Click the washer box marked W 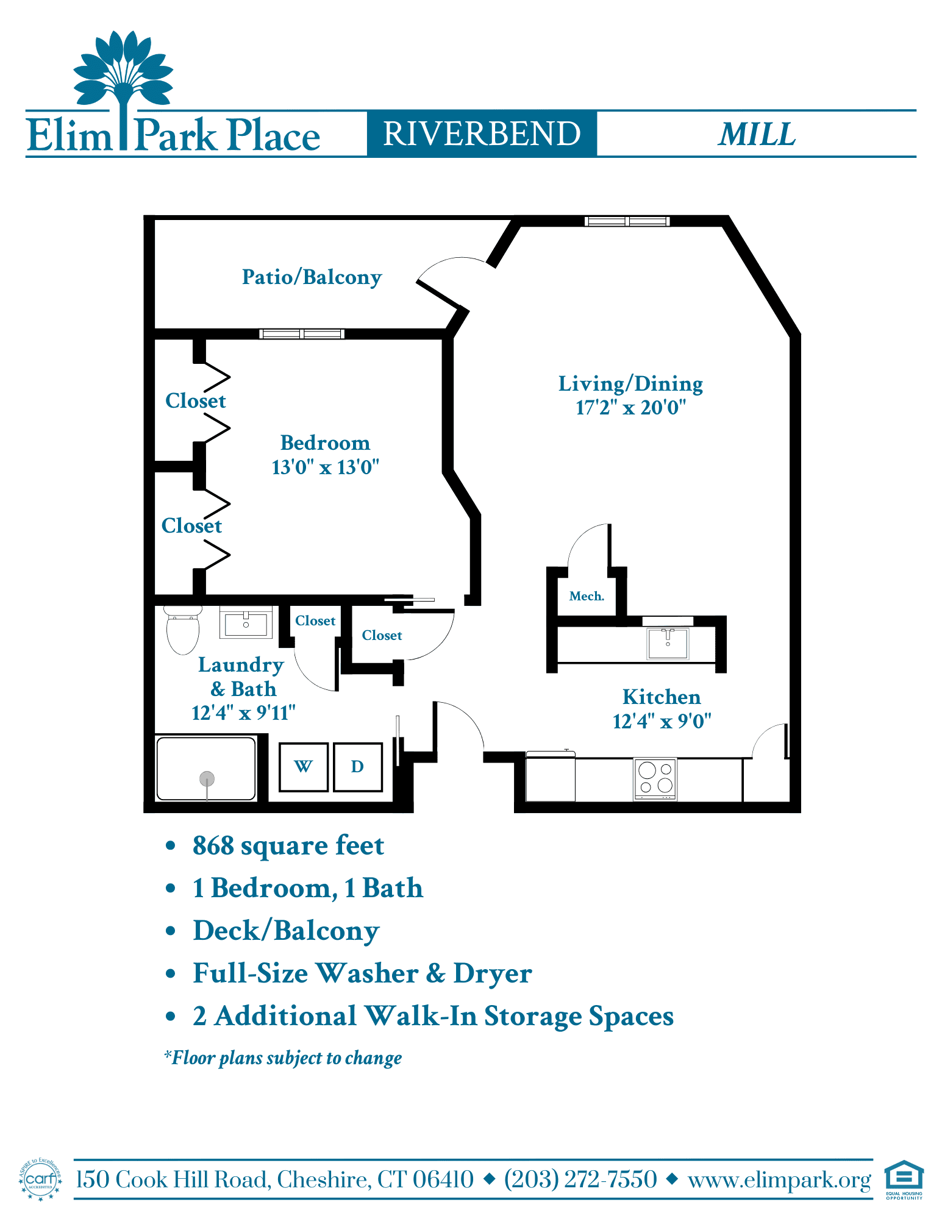(304, 767)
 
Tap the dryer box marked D (358, 767)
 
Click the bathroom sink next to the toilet (246, 623)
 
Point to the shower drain (207, 778)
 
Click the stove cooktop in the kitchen (655, 778)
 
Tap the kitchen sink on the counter (668, 644)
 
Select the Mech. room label (587, 596)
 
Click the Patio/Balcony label (312, 277)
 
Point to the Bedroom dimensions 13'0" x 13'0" (326, 467)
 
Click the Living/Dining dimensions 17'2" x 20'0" (631, 407)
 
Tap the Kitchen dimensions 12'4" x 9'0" (662, 722)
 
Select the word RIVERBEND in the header (482, 133)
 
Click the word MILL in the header (757, 134)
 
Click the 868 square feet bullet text (288, 846)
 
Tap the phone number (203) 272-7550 (580, 1179)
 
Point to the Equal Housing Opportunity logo (904, 1179)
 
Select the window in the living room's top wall (627, 221)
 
